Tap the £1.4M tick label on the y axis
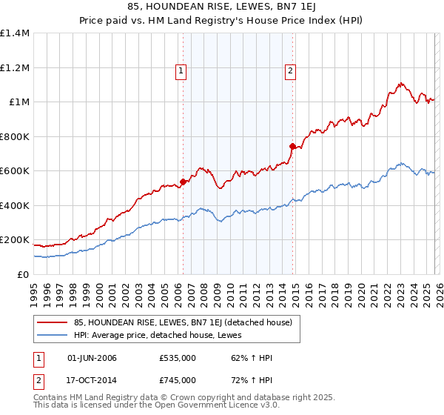[15, 33]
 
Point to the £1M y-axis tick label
[18, 102]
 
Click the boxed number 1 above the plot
[181, 71]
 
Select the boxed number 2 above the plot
[290, 71]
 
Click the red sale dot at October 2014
[292, 146]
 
